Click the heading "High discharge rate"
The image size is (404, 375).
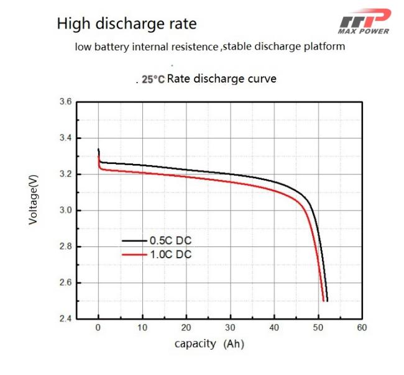tap(127, 24)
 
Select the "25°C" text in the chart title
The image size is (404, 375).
tap(153, 79)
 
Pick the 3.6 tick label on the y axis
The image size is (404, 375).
tap(65, 102)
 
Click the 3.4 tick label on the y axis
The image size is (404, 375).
tap(65, 138)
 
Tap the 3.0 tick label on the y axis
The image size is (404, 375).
tap(65, 210)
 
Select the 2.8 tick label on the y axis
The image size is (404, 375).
tap(65, 246)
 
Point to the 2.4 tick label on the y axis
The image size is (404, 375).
tap(65, 319)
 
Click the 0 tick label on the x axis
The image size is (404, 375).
tap(98, 327)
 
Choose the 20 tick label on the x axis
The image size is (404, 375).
tap(186, 327)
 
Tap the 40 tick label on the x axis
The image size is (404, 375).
tap(274, 327)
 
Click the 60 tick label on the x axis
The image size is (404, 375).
tap(362, 327)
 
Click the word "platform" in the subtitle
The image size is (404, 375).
tap(323, 47)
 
